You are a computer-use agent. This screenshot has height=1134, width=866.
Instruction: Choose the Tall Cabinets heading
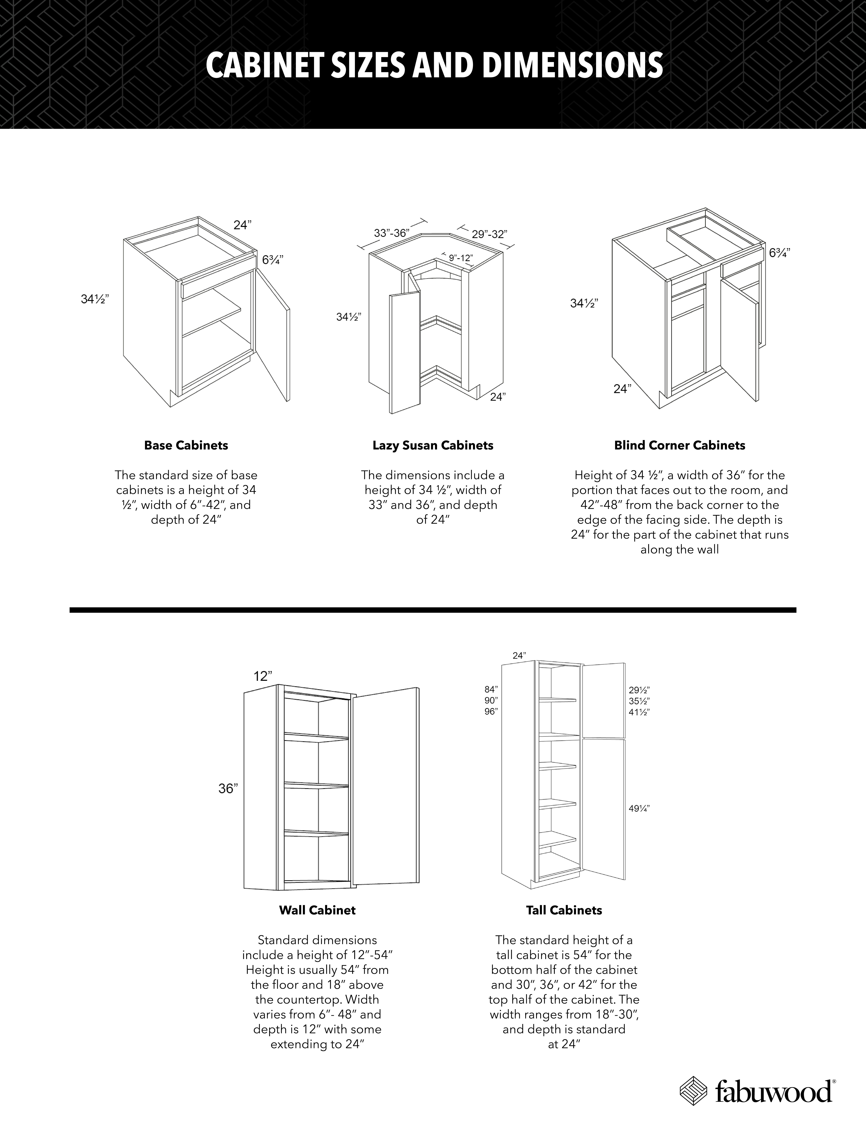click(x=564, y=910)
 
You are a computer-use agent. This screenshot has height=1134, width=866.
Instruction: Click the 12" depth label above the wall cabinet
click(x=263, y=676)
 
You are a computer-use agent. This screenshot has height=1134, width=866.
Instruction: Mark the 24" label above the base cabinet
click(x=242, y=225)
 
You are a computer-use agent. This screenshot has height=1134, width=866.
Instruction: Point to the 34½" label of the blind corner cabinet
click(x=584, y=304)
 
